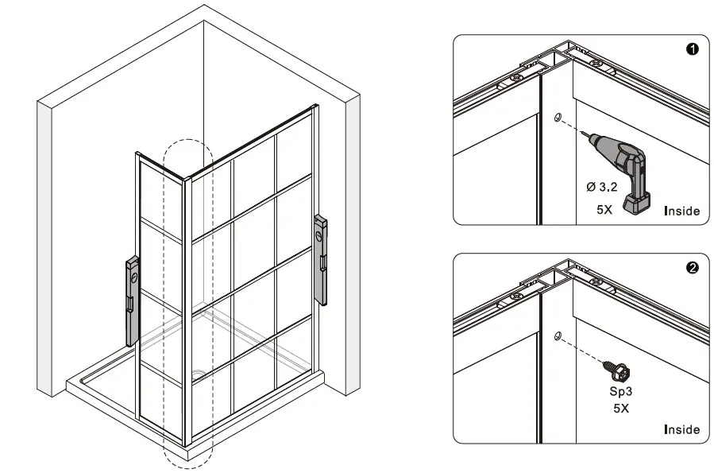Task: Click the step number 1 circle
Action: (692, 49)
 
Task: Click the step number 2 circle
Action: (692, 268)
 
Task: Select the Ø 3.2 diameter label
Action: (603, 187)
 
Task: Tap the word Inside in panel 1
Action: (681, 211)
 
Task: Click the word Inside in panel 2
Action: (681, 429)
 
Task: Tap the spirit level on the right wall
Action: (322, 258)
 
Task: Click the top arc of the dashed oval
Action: (187, 142)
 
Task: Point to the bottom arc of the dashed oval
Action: (188, 463)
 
